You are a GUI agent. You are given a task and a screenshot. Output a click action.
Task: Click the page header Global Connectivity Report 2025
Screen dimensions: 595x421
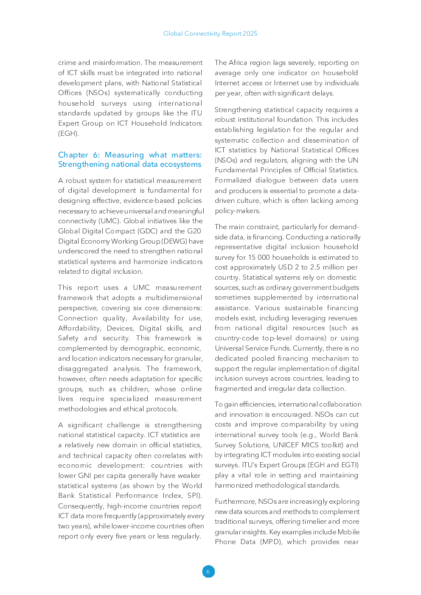[x=210, y=34]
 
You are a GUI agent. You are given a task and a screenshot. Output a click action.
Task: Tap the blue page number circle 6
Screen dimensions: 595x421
[x=208, y=571]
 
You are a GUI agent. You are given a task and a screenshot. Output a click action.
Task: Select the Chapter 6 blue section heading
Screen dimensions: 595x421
[x=129, y=160]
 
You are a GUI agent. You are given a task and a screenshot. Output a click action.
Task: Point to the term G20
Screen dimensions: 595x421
[x=194, y=231]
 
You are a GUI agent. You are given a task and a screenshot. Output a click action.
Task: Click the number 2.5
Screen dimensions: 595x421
[x=315, y=267]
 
